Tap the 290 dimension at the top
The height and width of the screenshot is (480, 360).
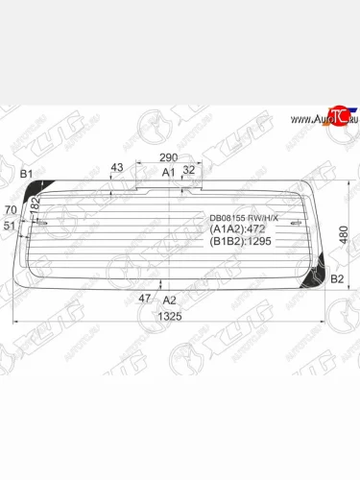[169, 156]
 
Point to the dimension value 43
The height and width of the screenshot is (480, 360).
[117, 168]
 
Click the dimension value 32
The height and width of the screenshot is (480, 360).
[188, 169]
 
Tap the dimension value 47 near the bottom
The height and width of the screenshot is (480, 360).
[145, 299]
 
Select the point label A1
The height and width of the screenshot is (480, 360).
[168, 172]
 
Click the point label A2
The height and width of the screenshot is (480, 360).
[170, 300]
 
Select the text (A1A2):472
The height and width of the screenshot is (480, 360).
[235, 230]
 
